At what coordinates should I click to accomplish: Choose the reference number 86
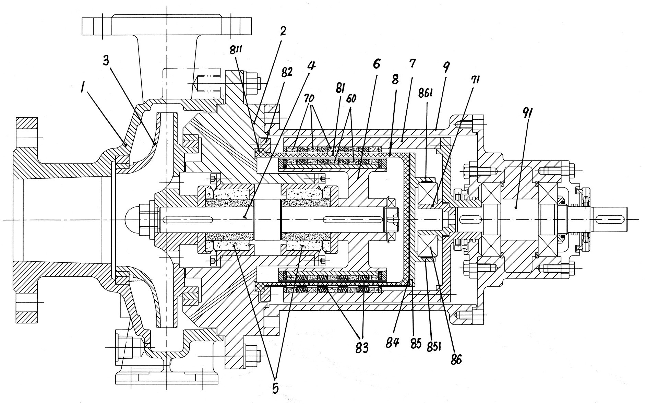(x=456, y=360)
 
